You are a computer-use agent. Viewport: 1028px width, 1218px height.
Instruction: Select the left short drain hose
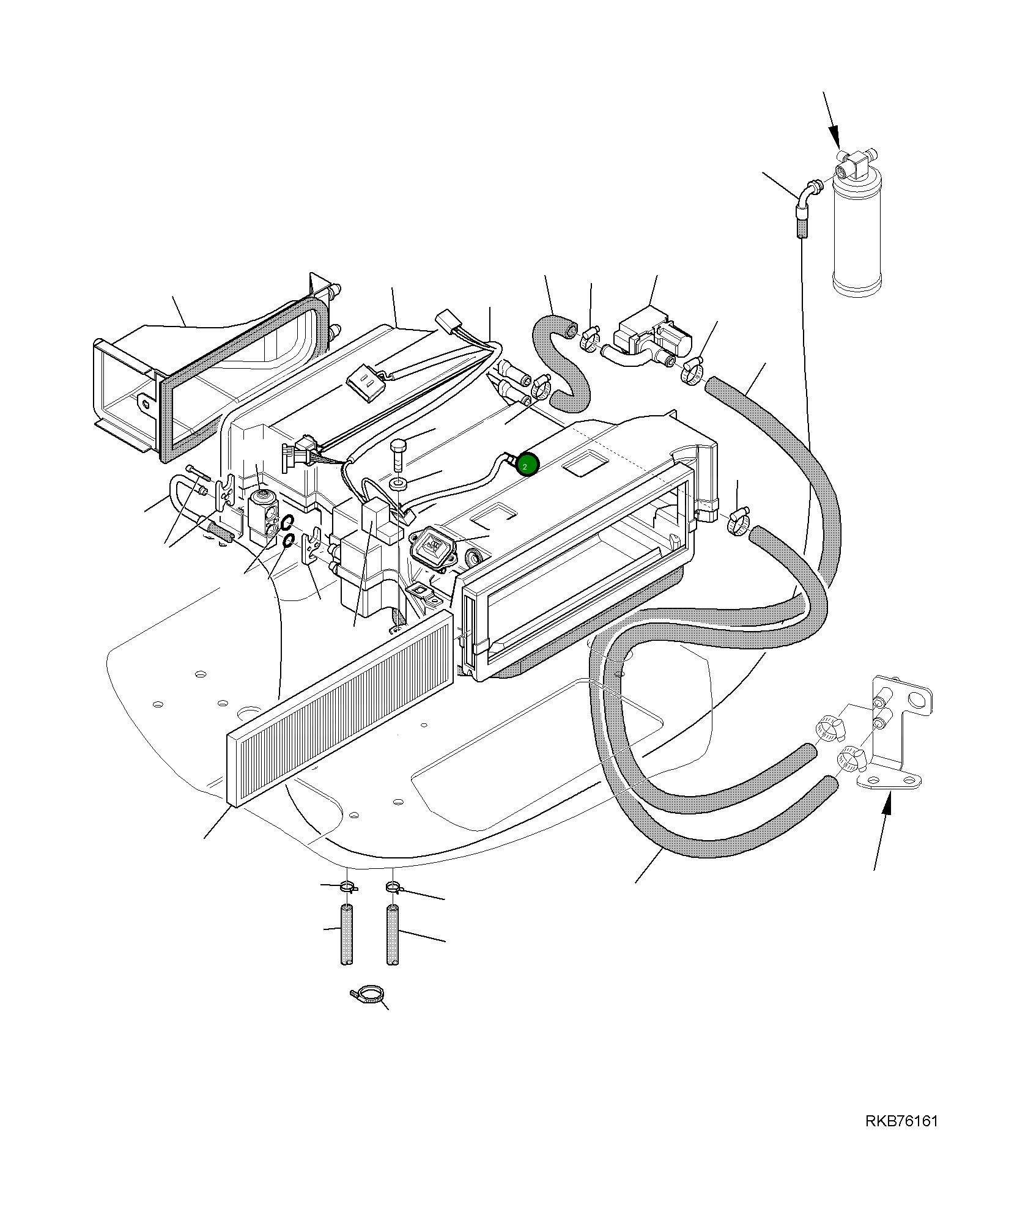[x=347, y=935]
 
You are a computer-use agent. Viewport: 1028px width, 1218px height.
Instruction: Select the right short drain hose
[x=393, y=935]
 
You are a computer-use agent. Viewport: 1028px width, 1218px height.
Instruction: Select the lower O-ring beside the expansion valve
[x=289, y=541]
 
